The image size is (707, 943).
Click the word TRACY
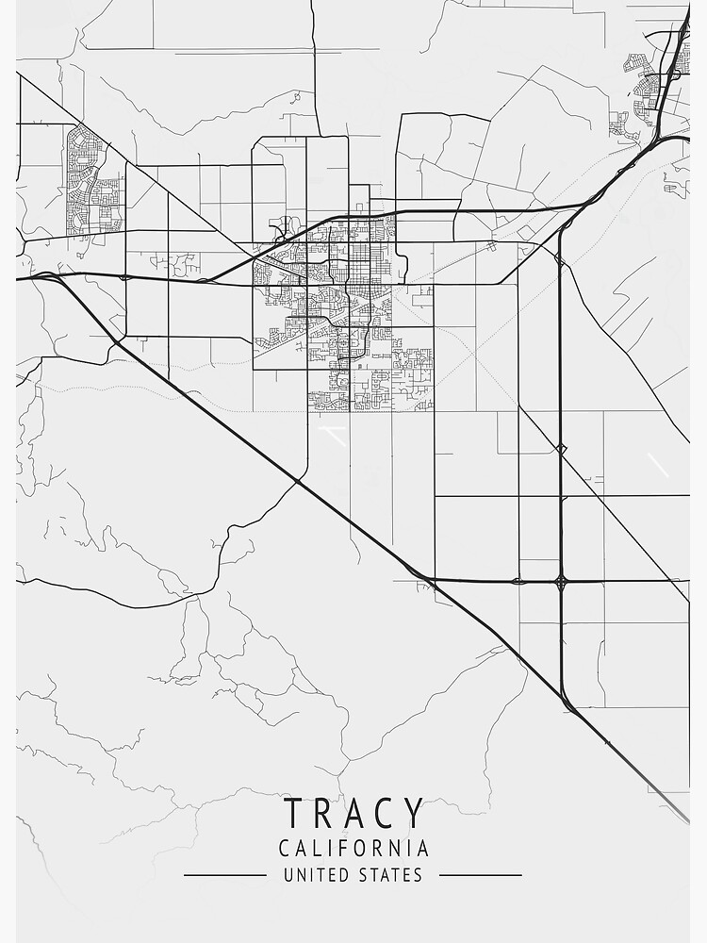click(353, 814)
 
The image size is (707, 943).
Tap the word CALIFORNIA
click(353, 849)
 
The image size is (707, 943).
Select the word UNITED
click(317, 875)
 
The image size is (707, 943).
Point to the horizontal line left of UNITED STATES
click(224, 875)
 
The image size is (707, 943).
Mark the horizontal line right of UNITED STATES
click(481, 875)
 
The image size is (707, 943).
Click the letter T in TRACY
click(293, 814)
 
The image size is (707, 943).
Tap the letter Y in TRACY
click(413, 814)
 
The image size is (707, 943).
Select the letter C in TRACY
click(384, 814)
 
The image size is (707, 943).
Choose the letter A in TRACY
click(353, 814)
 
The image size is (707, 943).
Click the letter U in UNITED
click(288, 875)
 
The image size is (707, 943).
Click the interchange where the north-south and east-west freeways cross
click(561, 581)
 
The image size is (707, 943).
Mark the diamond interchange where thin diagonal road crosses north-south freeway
click(561, 449)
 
